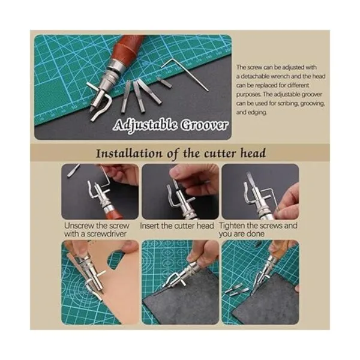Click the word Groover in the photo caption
pyautogui.click(x=204, y=125)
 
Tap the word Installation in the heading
pyautogui.click(x=129, y=154)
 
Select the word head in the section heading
pyautogui.click(x=253, y=153)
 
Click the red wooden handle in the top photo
pyautogui.click(x=126, y=48)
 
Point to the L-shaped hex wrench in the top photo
pyautogui.click(x=185, y=73)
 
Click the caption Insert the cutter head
pyautogui.click(x=177, y=226)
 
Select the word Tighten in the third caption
pyautogui.click(x=232, y=226)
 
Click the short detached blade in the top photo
pyautogui.click(x=164, y=82)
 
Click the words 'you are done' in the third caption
pyautogui.click(x=242, y=234)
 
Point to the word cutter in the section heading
pyautogui.click(x=220, y=154)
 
